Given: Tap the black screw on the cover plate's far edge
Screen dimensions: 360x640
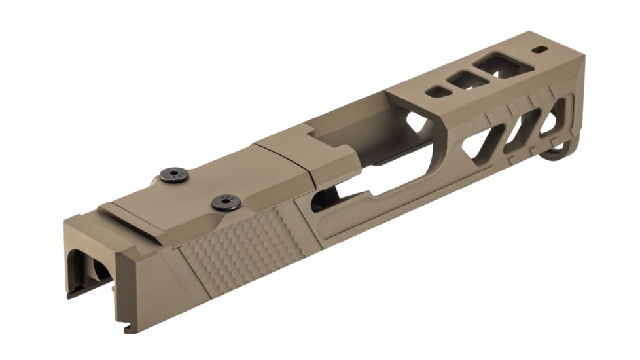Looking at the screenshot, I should pos(175,175).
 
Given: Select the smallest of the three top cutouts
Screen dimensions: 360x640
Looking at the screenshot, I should pos(437,92).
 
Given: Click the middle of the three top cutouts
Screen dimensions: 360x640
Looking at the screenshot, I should pos(467,80).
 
